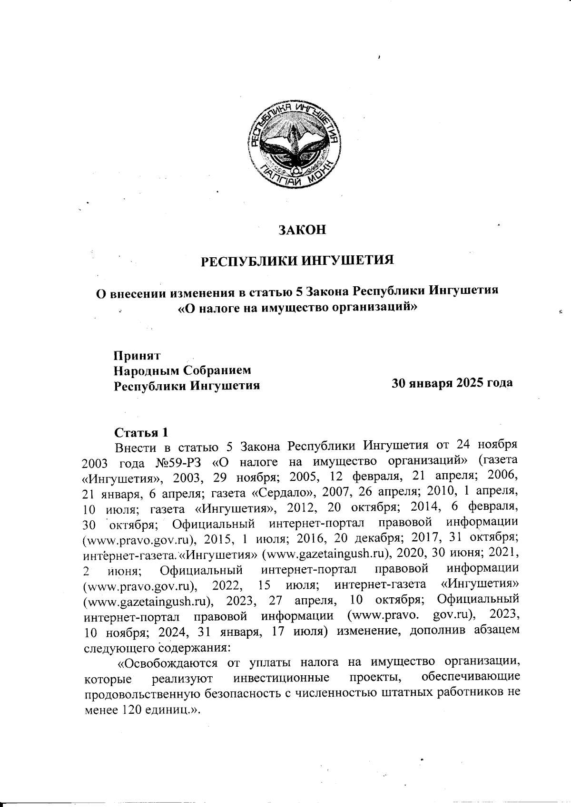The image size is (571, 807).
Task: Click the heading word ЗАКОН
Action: (x=302, y=230)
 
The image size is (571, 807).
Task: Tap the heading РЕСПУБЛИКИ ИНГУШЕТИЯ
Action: (x=298, y=261)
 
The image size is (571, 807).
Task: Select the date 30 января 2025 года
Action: (x=452, y=383)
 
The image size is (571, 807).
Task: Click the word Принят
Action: (x=137, y=356)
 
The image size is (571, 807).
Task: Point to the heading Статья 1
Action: (x=141, y=433)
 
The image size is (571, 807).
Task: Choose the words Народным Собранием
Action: (x=182, y=369)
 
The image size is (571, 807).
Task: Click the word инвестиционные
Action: (x=282, y=677)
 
